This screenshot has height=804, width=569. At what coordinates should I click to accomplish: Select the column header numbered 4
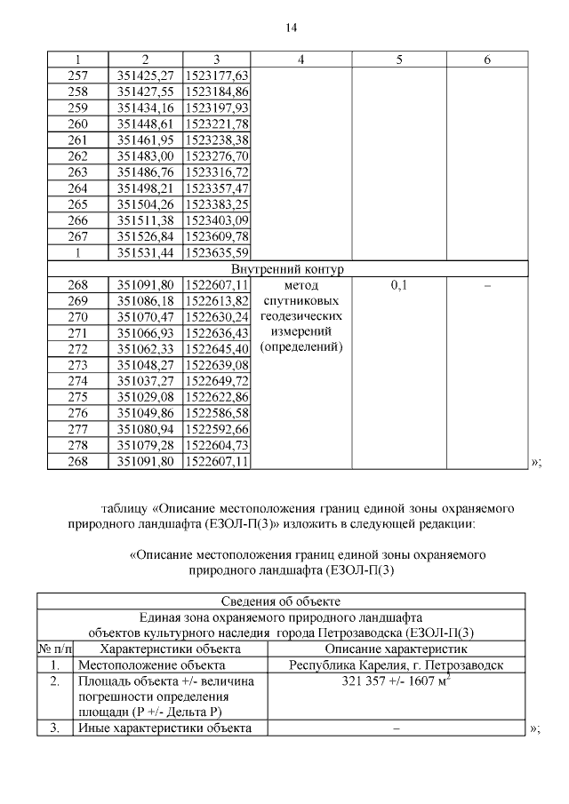(301, 60)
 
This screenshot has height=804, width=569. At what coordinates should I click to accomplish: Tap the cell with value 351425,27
(145, 75)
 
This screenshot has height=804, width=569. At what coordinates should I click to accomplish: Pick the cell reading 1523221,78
(218, 123)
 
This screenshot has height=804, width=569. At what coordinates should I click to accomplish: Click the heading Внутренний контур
(287, 268)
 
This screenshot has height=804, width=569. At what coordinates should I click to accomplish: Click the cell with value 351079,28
(145, 445)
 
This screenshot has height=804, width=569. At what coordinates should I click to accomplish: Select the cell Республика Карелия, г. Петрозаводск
(397, 664)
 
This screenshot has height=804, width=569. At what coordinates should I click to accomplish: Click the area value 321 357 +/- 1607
(392, 681)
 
